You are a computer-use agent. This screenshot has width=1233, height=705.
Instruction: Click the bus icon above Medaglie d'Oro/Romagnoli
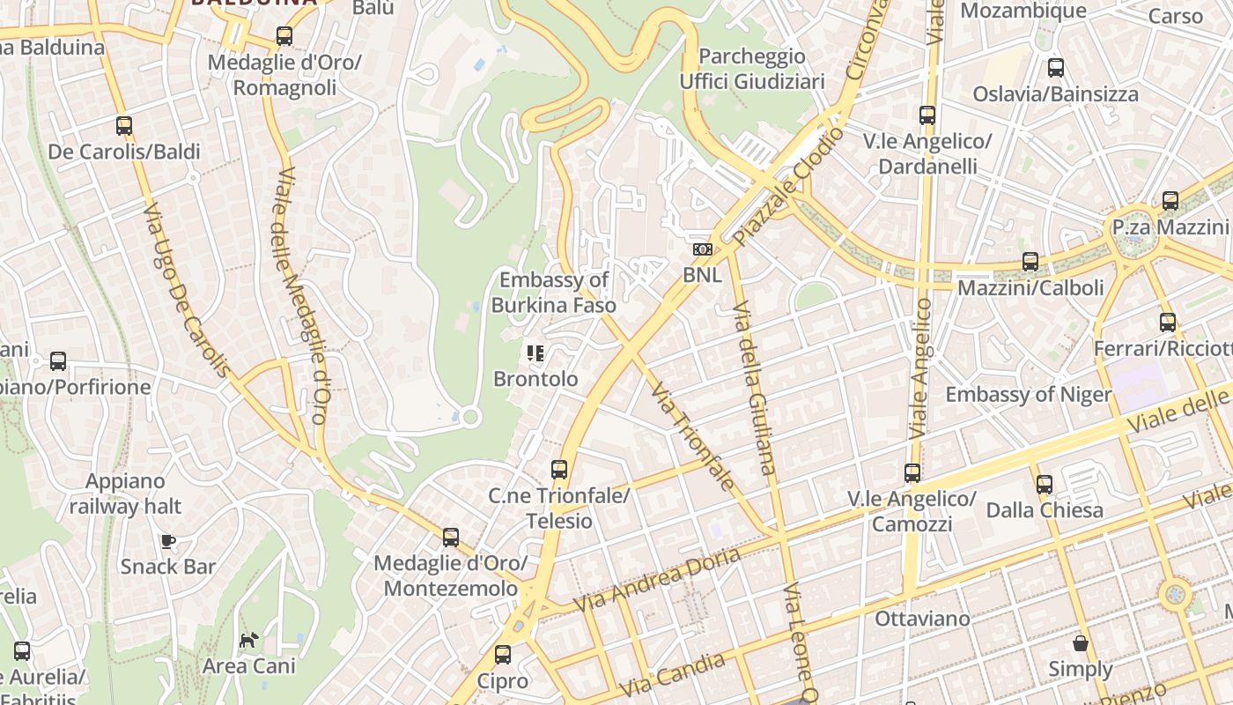284,36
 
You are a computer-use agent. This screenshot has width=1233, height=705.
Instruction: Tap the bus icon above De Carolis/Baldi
124,126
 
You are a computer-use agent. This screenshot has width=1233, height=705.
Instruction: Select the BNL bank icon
702,249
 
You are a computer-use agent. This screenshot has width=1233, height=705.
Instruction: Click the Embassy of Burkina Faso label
553,293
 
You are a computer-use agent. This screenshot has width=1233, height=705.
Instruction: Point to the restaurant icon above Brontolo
535,353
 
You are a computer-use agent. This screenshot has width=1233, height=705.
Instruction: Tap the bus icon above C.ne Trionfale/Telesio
559,470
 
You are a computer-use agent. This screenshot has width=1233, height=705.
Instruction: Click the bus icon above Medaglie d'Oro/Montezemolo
451,537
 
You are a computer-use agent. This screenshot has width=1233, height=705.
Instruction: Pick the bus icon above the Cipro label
503,655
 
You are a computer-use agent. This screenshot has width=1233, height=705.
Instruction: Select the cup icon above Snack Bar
167,540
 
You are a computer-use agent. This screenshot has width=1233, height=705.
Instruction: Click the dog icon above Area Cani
249,639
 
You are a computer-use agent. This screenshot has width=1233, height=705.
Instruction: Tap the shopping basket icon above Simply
1081,643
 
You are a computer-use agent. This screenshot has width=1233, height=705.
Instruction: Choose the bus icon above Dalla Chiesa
1045,484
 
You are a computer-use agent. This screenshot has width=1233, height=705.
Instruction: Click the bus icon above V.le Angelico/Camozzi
912,473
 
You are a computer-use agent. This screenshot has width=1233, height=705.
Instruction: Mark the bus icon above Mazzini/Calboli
1030,262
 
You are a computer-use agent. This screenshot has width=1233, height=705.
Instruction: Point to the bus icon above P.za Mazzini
1170,201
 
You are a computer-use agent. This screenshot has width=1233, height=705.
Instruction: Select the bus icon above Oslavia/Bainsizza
1056,68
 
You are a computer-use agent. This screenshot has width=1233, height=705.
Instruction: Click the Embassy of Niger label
1029,394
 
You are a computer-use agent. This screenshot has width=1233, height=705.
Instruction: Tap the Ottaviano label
923,619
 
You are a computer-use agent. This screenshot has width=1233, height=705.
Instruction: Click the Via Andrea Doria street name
657,582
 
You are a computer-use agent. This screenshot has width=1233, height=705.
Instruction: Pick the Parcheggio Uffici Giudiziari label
752,69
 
